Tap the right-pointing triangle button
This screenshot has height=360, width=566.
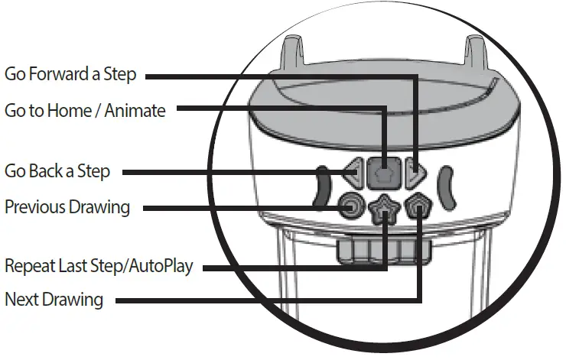(413, 174)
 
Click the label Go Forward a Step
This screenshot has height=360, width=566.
(70, 74)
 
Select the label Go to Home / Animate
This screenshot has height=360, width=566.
(84, 110)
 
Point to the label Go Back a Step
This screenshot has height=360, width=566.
(57, 171)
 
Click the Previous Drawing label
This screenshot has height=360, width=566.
(67, 206)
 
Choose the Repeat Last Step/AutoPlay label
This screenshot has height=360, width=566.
(99, 266)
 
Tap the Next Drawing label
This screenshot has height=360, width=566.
(54, 299)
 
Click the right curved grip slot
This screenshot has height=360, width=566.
(447, 188)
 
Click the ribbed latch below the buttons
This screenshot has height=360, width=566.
(383, 250)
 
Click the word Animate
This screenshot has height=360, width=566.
(136, 110)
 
